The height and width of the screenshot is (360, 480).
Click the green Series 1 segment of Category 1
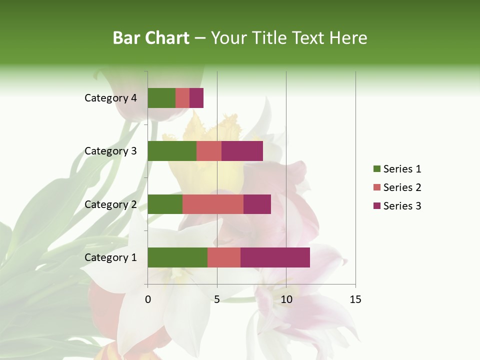pyautogui.click(x=177, y=257)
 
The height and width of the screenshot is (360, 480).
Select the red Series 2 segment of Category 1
pyautogui.click(x=224, y=257)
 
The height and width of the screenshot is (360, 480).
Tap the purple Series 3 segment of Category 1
pyautogui.click(x=275, y=257)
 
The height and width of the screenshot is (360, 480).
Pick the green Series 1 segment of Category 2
pyautogui.click(x=165, y=204)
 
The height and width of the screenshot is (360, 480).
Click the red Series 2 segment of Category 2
pyautogui.click(x=213, y=204)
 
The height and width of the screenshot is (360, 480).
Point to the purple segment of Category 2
pyautogui.click(x=257, y=204)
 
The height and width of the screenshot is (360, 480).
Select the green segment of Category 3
pyautogui.click(x=172, y=151)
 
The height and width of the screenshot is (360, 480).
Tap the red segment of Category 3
pyautogui.click(x=209, y=151)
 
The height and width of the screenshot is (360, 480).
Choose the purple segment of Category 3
pyautogui.click(x=242, y=151)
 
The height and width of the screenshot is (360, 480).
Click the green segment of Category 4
pyautogui.click(x=161, y=98)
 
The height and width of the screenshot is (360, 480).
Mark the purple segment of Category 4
pyautogui.click(x=196, y=98)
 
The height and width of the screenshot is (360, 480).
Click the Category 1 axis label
pyautogui.click(x=110, y=257)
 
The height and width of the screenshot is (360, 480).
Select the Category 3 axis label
pyautogui.click(x=110, y=151)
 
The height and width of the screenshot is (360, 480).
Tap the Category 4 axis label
pyautogui.click(x=110, y=98)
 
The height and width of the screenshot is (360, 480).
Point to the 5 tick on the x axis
pyautogui.click(x=217, y=299)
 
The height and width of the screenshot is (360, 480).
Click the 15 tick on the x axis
pyautogui.click(x=355, y=299)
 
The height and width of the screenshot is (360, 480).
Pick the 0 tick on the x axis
pyautogui.click(x=148, y=299)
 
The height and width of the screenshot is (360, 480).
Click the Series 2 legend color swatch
pyautogui.click(x=376, y=187)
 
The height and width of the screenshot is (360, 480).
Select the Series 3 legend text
pyautogui.click(x=402, y=206)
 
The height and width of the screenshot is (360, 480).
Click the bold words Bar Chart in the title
pyautogui.click(x=151, y=38)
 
